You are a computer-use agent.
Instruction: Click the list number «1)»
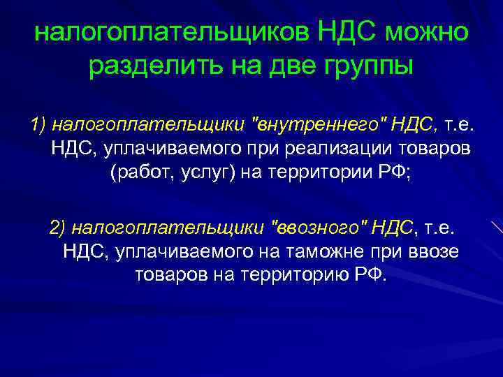pos(38,126)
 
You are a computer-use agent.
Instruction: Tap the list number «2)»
pos(57,228)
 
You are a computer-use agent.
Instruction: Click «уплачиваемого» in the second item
pos(175,251)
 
